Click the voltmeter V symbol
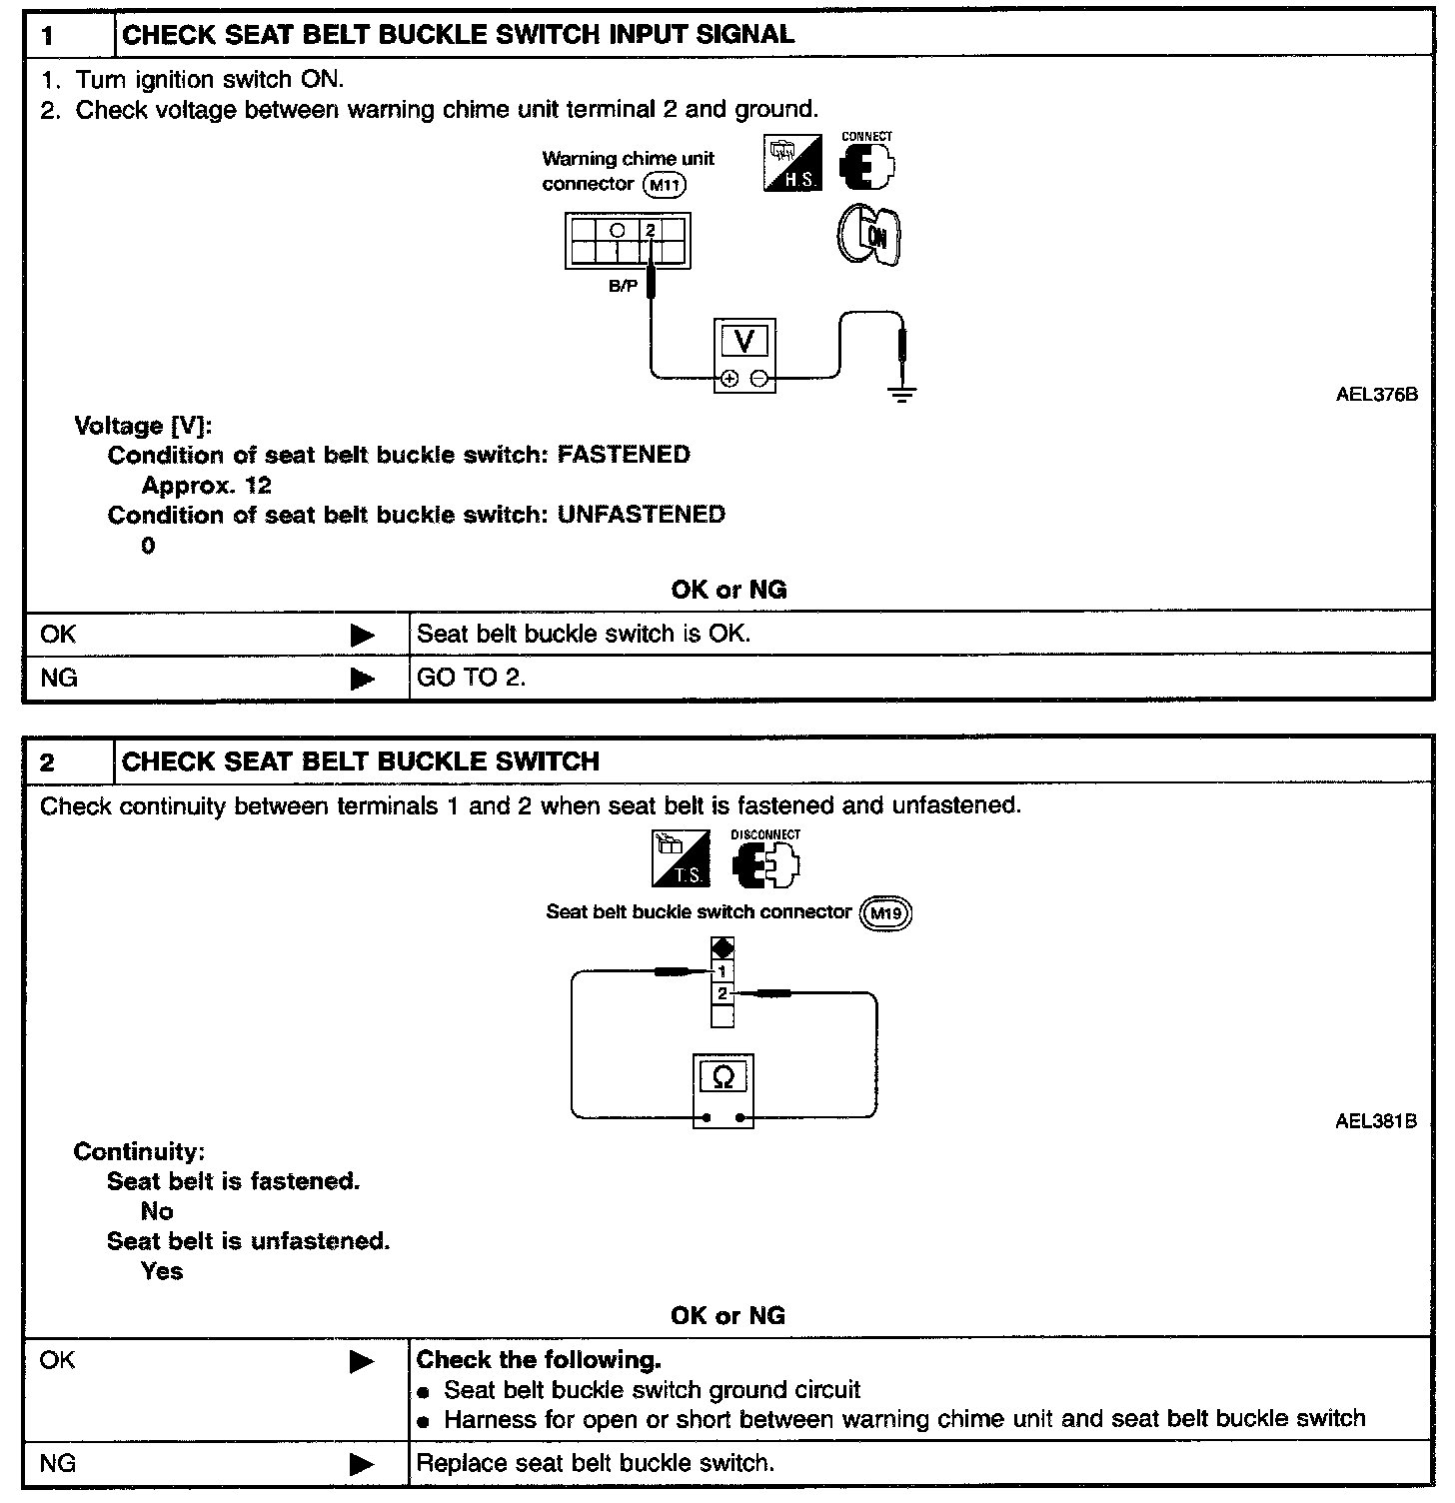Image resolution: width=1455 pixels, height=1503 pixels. [x=744, y=343]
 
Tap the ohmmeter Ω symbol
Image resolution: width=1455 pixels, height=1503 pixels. [x=724, y=1077]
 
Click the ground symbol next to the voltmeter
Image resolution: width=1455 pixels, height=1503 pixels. [x=902, y=392]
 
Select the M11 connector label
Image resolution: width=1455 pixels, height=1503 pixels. [x=666, y=185]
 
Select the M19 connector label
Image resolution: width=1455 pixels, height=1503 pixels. [x=885, y=913]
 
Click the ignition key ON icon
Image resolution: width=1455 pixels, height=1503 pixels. [x=867, y=236]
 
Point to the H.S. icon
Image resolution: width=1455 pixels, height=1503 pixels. [x=792, y=164]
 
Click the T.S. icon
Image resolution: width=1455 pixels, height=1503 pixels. [x=681, y=858]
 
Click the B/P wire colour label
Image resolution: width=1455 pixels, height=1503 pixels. [x=623, y=286]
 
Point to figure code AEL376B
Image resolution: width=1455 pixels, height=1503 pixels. [x=1376, y=395]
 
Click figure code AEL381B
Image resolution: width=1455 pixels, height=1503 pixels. [x=1375, y=1121]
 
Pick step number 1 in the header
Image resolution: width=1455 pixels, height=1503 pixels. [x=48, y=37]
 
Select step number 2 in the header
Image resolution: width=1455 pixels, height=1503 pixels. [x=48, y=763]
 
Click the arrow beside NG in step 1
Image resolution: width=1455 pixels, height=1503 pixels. [x=362, y=680]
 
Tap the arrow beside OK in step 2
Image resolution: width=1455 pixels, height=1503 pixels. [x=362, y=1361]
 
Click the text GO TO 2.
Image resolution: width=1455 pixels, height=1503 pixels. [x=471, y=679]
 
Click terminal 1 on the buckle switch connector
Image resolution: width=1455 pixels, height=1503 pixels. [x=723, y=970]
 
